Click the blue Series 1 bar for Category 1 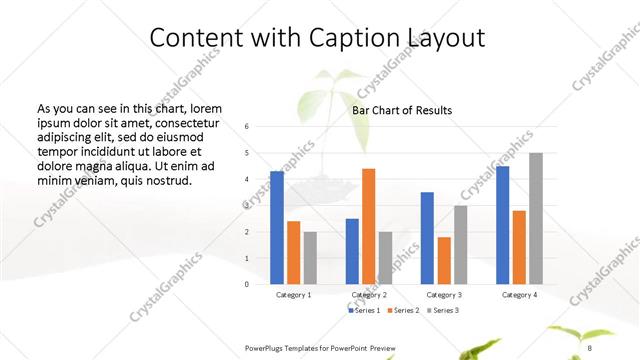(x=277, y=228)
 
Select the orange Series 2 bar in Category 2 (x=368, y=226)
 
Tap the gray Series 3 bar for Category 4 (x=536, y=218)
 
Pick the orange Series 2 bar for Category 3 (x=444, y=260)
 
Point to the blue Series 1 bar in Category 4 (x=502, y=225)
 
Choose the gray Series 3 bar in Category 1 (x=310, y=258)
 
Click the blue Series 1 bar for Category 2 (x=352, y=251)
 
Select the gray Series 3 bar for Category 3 (x=460, y=244)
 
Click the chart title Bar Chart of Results (x=401, y=110)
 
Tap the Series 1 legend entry (x=365, y=310)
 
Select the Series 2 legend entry (x=403, y=310)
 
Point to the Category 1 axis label (x=293, y=295)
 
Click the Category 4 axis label (x=518, y=295)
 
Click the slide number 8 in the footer (x=590, y=348)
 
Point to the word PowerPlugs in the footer (x=267, y=348)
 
